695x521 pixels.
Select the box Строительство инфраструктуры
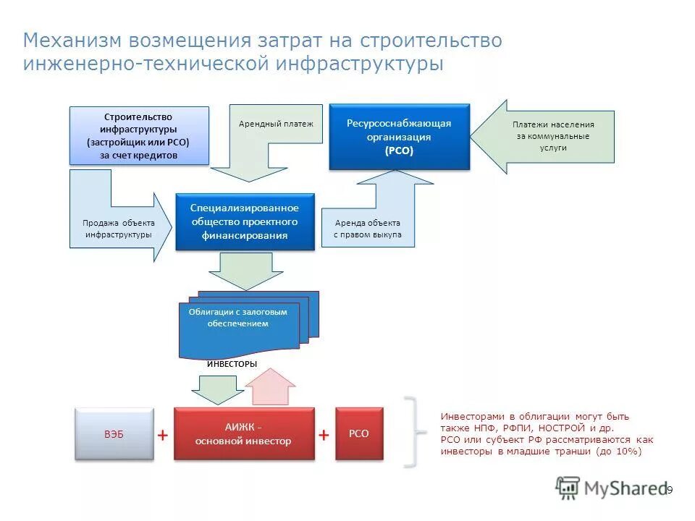point(139,135)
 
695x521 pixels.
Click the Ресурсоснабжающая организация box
point(399,137)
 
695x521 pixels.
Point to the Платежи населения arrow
point(550,136)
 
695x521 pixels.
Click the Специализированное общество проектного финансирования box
point(245,221)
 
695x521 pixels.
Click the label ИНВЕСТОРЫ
point(232,364)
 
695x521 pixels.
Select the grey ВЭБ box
point(114,433)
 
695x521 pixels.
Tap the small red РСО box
point(359,433)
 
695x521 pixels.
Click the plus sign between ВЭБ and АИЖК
point(164,435)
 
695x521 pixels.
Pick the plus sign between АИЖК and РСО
point(324,435)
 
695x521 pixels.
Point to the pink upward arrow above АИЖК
point(270,388)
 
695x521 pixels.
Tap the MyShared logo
point(612,488)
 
